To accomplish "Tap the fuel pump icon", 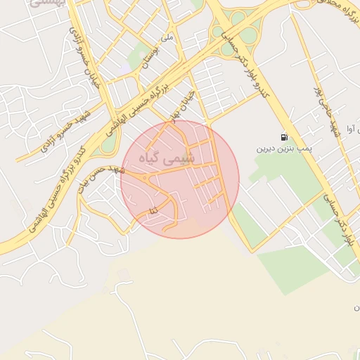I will click(283, 137).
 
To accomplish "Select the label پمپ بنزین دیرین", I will click(283, 149).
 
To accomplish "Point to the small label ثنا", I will click(153, 210).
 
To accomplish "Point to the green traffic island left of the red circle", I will click(108, 143).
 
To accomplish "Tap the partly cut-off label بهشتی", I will click(49, 4).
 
